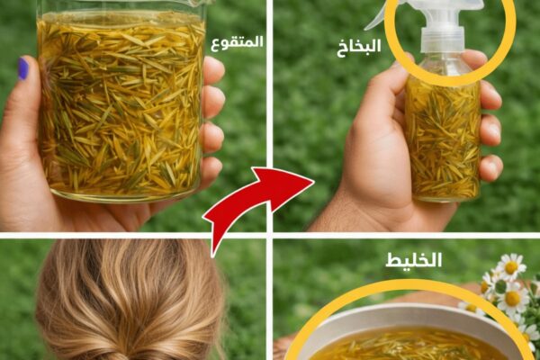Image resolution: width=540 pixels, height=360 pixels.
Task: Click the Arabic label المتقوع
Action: click(x=237, y=43)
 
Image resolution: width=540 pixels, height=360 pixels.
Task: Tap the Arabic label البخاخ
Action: click(x=359, y=46)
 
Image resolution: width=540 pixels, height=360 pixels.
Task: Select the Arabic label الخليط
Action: click(x=413, y=260)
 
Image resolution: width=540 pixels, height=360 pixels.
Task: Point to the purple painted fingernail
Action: click(x=23, y=69)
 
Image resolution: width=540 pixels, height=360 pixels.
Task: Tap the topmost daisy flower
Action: click(x=511, y=266)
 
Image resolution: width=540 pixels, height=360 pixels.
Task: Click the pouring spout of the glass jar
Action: click(x=200, y=3)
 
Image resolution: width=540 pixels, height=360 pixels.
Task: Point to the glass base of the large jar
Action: click(x=125, y=195)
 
